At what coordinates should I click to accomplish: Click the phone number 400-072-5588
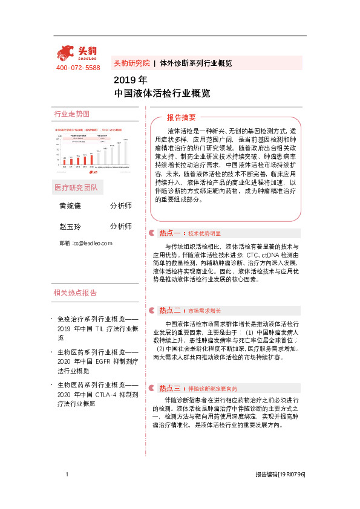point(78,68)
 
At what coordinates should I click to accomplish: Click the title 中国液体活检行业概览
point(162,94)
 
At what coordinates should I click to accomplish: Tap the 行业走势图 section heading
point(72,114)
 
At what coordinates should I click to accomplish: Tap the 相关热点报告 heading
point(75,293)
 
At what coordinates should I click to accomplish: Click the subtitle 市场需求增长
point(205,311)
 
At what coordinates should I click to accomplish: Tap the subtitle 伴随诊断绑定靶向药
point(212,388)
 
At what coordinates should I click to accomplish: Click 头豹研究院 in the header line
point(131,63)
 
